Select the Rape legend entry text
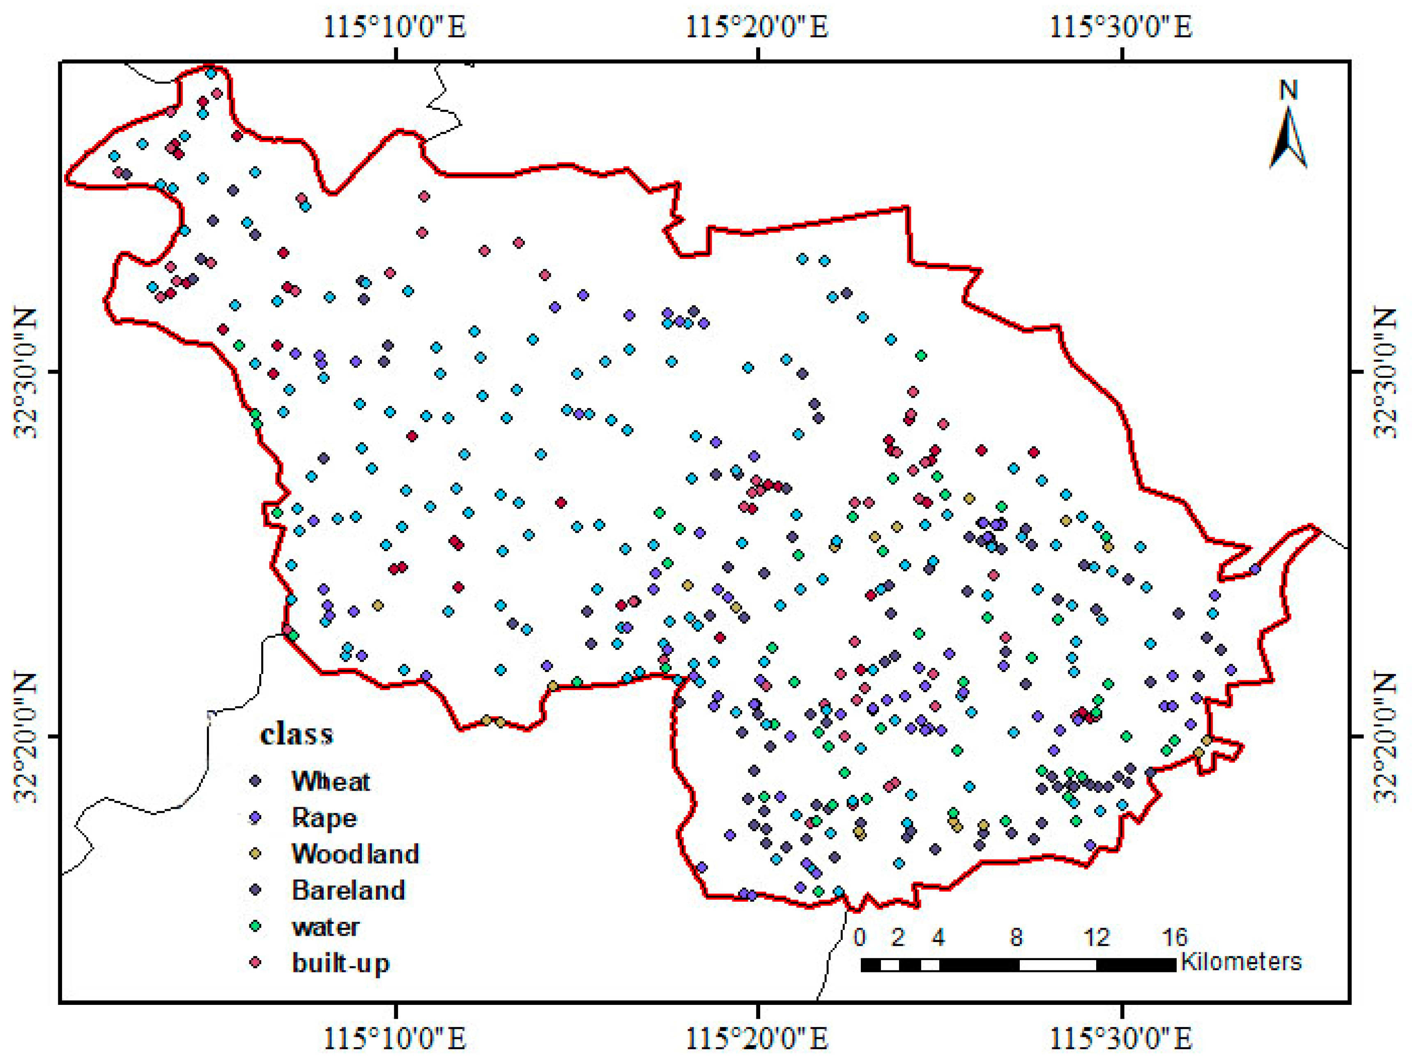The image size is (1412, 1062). coord(324,818)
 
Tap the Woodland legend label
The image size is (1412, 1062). coord(355,854)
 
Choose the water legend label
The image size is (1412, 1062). coord(326,927)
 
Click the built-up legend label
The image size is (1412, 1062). coord(340,963)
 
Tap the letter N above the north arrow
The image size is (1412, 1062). coord(1288,91)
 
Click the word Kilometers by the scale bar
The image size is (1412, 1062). coord(1240,961)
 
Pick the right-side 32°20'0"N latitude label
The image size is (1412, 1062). coord(1385,736)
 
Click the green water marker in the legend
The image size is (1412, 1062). coord(256,926)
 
